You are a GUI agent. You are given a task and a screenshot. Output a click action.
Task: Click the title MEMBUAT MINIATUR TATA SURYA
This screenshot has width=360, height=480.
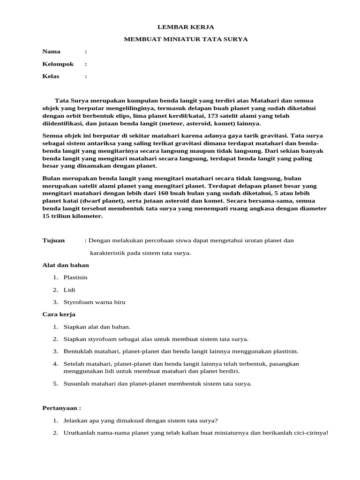[x=186, y=39]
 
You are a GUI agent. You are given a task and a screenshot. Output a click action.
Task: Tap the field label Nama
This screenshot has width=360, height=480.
[x=51, y=52]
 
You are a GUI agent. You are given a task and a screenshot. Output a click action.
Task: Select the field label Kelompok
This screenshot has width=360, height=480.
[x=58, y=64]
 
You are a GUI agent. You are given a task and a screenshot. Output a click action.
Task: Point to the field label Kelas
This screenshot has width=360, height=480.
[x=51, y=76]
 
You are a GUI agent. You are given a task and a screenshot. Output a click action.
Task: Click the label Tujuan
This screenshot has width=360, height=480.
[x=53, y=240]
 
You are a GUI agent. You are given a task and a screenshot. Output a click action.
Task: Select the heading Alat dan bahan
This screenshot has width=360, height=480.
[x=66, y=265]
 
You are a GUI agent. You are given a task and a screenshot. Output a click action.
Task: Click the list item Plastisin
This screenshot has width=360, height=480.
[x=75, y=277]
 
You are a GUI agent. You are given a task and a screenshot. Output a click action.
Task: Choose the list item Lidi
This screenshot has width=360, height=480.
[x=69, y=290]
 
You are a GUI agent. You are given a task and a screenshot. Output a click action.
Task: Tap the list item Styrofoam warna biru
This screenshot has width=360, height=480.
[x=94, y=302]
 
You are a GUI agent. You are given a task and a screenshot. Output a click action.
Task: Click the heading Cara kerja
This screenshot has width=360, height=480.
[x=59, y=314]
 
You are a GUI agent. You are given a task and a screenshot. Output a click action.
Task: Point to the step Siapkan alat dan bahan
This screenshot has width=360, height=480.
[x=97, y=327]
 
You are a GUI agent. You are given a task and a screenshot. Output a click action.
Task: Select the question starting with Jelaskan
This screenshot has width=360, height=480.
[x=140, y=420]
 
